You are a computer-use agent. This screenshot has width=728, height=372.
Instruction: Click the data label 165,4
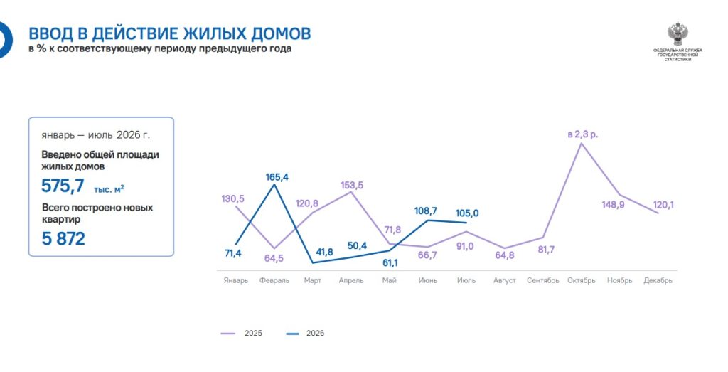click(277, 177)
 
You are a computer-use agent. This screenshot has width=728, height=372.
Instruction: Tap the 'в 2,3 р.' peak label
click(583, 134)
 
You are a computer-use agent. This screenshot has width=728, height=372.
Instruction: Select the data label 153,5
click(352, 186)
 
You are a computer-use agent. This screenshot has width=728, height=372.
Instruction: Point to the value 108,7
click(426, 211)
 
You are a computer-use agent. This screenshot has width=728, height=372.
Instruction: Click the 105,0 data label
click(467, 213)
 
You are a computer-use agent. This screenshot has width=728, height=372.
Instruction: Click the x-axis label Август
click(505, 280)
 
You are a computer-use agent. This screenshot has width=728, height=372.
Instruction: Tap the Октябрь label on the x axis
click(582, 280)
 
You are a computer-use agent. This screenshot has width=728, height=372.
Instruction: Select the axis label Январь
click(236, 280)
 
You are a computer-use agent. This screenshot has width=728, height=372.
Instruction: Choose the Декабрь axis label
click(658, 280)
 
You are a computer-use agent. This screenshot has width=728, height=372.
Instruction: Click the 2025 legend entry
click(242, 333)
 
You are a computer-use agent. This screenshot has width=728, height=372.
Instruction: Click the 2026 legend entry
click(305, 333)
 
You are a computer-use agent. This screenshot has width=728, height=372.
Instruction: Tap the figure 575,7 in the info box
click(63, 186)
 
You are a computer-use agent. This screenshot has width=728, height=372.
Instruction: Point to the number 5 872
click(63, 239)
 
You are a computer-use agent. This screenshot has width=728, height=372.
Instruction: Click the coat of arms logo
click(678, 33)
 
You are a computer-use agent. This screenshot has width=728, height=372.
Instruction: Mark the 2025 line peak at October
click(582, 143)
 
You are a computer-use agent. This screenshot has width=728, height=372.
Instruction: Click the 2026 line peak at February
click(274, 184)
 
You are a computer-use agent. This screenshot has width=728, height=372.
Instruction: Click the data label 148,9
click(614, 204)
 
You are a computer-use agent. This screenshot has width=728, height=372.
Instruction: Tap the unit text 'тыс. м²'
click(109, 189)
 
